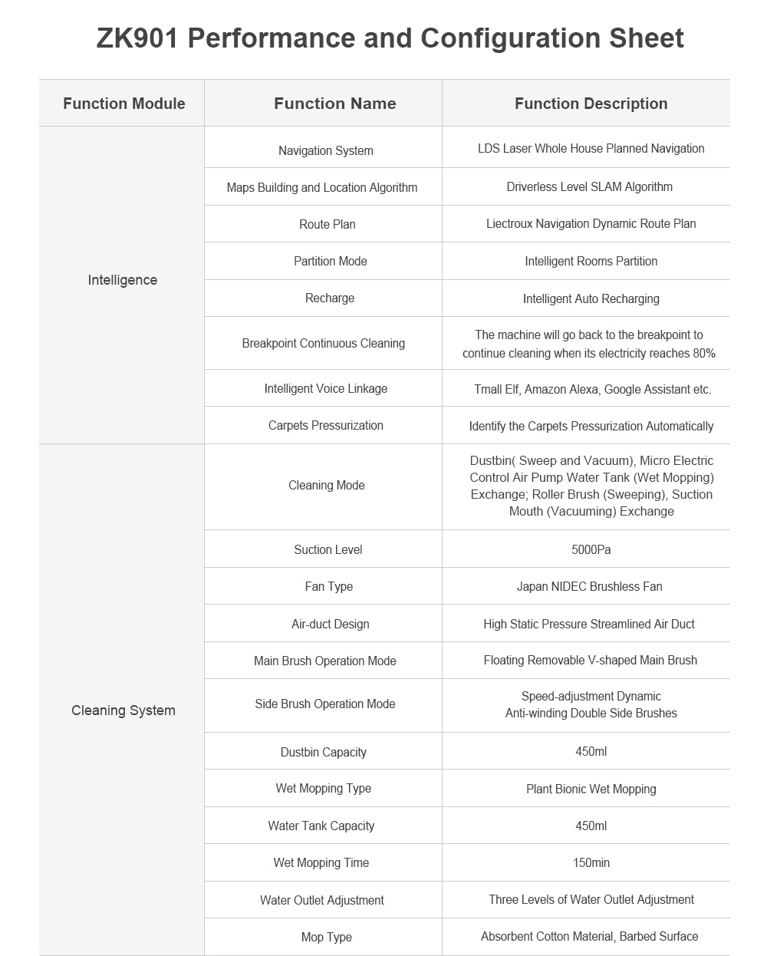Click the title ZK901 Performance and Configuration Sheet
click(390, 38)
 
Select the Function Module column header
click(123, 104)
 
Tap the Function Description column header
click(591, 104)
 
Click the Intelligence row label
click(122, 280)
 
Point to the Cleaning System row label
click(123, 710)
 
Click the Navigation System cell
click(325, 150)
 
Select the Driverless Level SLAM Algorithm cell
click(589, 186)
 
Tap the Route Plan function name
click(327, 224)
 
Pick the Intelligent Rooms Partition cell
click(591, 261)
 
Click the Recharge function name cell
click(329, 298)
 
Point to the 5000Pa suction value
click(591, 549)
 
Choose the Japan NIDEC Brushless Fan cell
click(589, 586)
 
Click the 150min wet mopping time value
click(591, 862)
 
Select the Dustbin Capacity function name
click(323, 752)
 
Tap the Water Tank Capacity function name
click(321, 826)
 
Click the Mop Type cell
click(326, 937)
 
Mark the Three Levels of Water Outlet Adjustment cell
click(591, 899)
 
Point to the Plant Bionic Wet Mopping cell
click(591, 789)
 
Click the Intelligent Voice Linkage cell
click(325, 388)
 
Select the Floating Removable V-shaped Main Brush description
click(590, 660)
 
